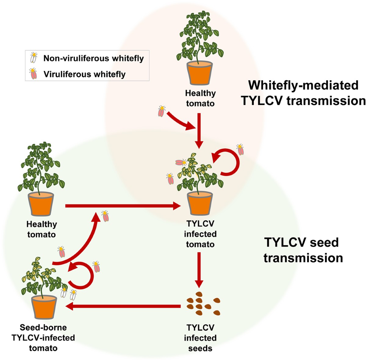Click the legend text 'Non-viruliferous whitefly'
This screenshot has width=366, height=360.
pos(93,58)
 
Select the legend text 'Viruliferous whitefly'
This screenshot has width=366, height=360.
pos(84,74)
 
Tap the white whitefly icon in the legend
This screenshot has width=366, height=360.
pos(34,58)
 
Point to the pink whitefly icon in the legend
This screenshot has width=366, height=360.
pos(33,74)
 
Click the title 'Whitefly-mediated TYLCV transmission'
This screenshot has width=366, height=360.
pos(303,93)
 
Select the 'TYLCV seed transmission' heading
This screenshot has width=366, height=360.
pos(303,250)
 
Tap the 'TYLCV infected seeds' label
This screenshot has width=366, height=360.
pos(200,338)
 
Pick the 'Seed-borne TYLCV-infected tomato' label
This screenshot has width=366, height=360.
pos(43,338)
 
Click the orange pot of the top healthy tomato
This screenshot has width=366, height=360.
pos(199,73)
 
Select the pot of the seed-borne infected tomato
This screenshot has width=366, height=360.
pos(44,307)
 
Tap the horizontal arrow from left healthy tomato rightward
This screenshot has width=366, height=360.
pos(123,206)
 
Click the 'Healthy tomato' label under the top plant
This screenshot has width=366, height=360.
pos(200,98)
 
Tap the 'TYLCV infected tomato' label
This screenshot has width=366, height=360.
pos(200,234)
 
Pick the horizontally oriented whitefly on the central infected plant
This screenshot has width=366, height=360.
pos(181,162)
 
